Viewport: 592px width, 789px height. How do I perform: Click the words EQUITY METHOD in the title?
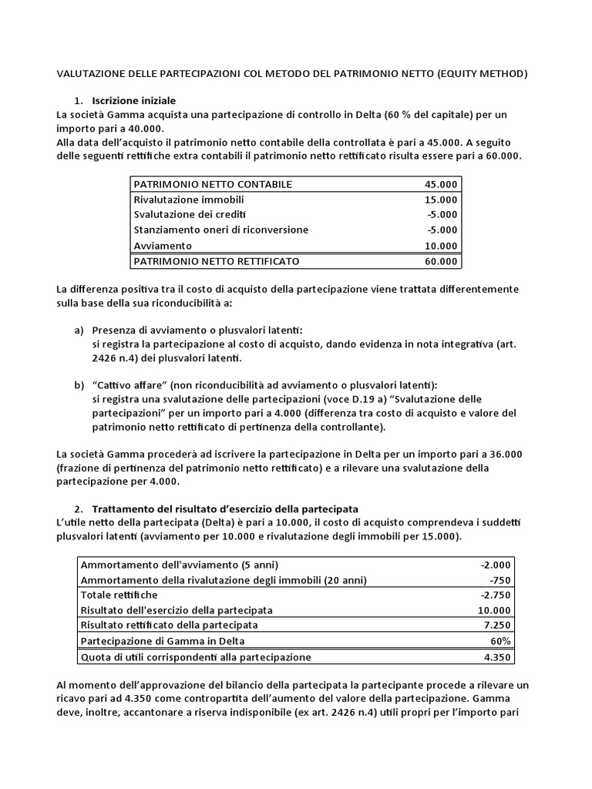[x=483, y=75]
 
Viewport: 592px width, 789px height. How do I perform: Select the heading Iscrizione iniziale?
[x=134, y=101]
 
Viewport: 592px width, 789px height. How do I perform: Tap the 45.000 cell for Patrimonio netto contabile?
[x=440, y=184]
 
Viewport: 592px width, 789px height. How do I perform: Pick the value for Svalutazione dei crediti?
[x=442, y=214]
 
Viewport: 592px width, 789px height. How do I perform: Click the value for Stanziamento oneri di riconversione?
[x=442, y=230]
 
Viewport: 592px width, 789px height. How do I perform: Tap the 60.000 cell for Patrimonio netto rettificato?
[x=440, y=261]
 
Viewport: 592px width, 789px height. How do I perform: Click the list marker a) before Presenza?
[x=79, y=330]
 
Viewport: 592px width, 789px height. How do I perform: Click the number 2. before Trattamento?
[x=79, y=509]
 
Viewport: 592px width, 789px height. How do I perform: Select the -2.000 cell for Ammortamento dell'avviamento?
[x=493, y=564]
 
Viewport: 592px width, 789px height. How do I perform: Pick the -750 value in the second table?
[x=499, y=579]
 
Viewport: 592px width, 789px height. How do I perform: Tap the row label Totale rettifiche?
[x=119, y=595]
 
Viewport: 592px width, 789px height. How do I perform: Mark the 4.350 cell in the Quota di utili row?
[x=496, y=657]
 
